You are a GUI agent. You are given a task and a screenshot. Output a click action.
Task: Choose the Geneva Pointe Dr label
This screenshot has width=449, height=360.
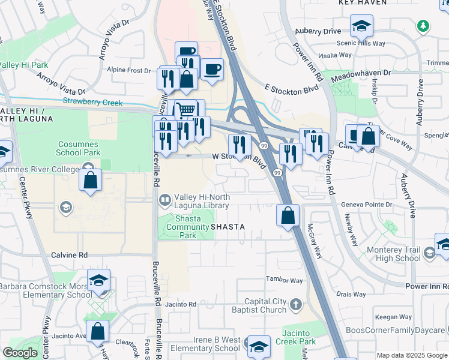coord(366,205)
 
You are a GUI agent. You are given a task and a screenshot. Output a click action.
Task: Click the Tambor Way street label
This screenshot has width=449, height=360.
coord(285,280)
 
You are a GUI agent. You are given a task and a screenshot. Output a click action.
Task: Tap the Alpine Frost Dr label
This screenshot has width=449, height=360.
coord(128,70)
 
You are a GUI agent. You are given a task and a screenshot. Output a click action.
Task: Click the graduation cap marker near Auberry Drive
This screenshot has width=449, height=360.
coord(361,26)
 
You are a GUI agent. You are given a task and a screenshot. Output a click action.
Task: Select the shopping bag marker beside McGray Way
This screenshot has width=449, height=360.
coord(288,214)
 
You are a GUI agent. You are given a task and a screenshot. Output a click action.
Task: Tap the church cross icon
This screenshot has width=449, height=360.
coord(295,305)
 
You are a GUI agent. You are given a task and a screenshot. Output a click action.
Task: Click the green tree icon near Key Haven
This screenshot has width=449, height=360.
coord(423,26)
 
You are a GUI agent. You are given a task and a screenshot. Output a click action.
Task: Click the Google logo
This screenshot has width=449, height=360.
coord(20,353)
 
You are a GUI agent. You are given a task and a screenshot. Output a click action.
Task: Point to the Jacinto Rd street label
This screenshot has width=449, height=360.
coord(184,304)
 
